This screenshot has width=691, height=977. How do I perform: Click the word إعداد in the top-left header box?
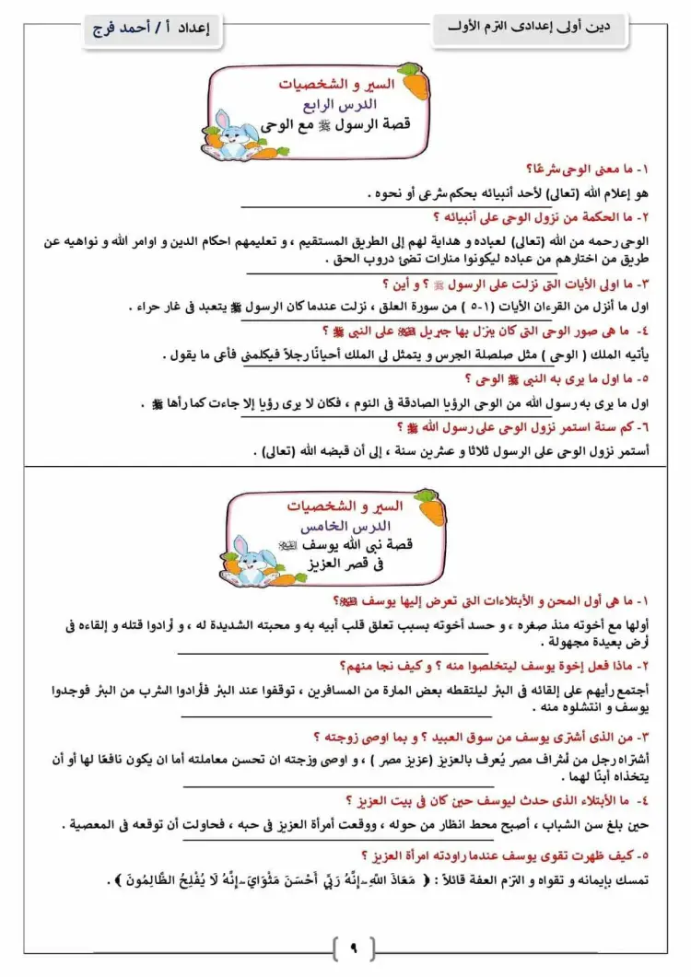(193, 29)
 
